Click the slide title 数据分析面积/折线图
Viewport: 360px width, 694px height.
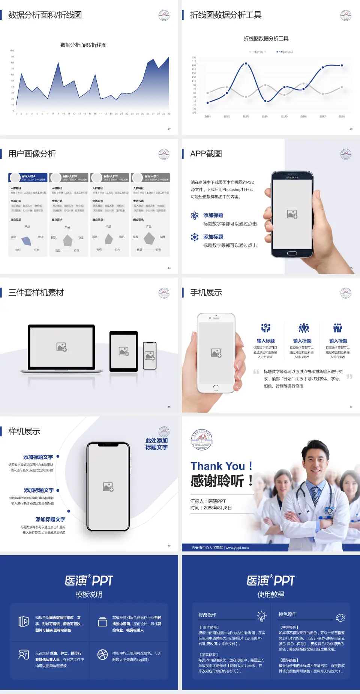click(45, 15)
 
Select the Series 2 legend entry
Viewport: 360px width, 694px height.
click(285, 52)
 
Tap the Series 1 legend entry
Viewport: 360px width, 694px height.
click(258, 52)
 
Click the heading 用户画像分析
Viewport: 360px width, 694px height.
click(32, 154)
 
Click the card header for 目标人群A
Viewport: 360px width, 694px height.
click(28, 177)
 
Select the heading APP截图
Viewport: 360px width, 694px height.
click(206, 154)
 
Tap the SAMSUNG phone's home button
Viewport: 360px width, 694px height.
click(292, 253)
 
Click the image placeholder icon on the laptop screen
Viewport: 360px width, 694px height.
click(61, 347)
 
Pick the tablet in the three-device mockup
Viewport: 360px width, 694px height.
click(124, 351)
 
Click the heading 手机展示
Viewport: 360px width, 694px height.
click(206, 293)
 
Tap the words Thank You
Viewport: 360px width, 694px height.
click(218, 466)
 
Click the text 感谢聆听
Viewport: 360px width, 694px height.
click(217, 481)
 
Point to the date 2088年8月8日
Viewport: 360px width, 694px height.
click(217, 508)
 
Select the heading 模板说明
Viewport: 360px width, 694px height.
click(89, 595)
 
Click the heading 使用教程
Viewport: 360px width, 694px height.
click(271, 595)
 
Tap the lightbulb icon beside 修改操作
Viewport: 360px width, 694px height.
click(262, 616)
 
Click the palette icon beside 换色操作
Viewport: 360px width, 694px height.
click(340, 617)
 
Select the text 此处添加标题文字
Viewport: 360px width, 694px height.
click(156, 444)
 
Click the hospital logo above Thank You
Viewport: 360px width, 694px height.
click(202, 440)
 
